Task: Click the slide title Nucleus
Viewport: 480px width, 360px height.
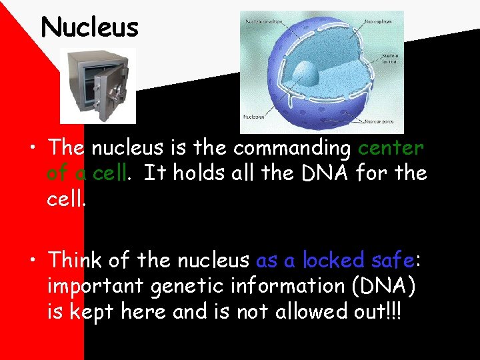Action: point(89,27)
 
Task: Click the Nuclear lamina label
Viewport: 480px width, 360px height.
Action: point(389,57)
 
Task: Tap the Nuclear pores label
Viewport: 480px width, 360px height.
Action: point(382,122)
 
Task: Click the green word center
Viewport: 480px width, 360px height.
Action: point(392,147)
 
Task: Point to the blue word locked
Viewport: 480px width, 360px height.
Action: point(333,259)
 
